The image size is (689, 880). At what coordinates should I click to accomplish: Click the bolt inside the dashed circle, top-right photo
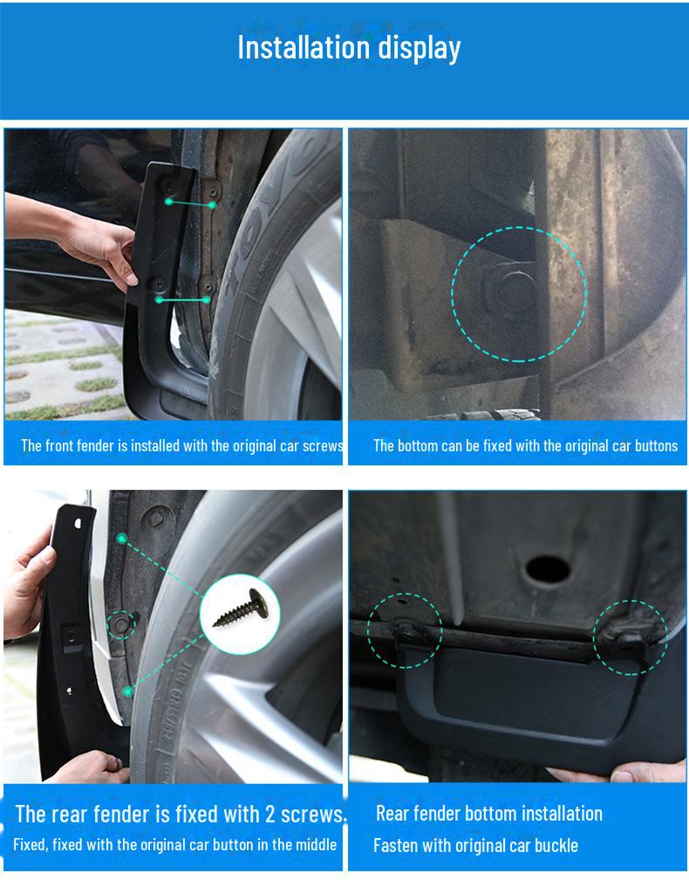[511, 291]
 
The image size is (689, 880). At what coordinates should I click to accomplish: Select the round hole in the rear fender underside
[548, 569]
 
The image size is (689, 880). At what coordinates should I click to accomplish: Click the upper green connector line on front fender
[191, 203]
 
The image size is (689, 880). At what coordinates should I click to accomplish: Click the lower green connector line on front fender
[183, 300]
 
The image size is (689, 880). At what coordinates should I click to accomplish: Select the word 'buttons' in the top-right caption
[656, 445]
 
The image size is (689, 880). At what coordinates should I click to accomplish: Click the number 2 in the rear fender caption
[269, 815]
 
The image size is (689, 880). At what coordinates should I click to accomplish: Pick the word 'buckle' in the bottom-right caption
[556, 845]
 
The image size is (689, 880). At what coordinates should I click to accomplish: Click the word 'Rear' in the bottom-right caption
[392, 814]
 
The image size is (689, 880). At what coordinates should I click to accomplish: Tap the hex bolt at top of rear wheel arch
[156, 518]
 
